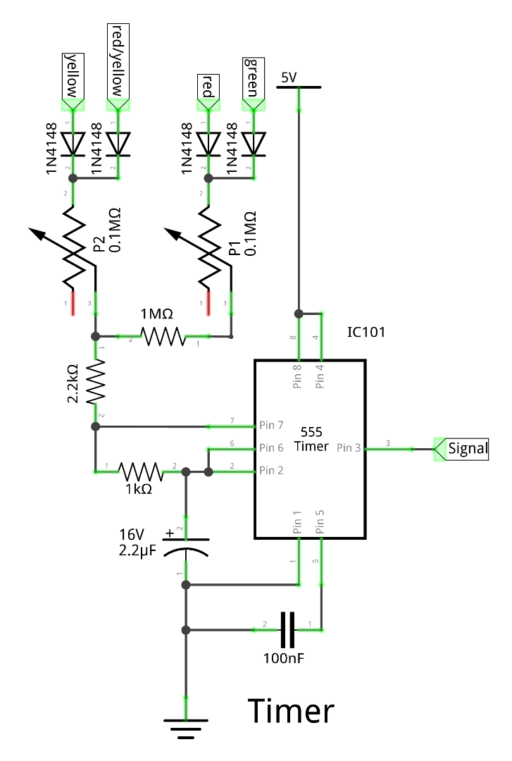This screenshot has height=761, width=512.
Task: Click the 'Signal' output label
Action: coord(467,448)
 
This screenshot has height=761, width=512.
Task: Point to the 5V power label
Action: coord(289,78)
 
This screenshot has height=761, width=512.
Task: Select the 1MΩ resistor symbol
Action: coord(163,337)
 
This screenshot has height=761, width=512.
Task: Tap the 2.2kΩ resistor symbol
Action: coord(96,382)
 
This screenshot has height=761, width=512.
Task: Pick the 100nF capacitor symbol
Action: coord(287,629)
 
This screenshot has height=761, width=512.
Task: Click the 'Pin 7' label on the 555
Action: coord(271,426)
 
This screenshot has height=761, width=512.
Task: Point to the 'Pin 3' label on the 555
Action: coord(349,447)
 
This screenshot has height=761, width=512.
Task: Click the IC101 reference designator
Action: coord(366,332)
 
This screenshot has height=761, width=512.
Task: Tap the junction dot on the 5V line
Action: coord(299,313)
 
